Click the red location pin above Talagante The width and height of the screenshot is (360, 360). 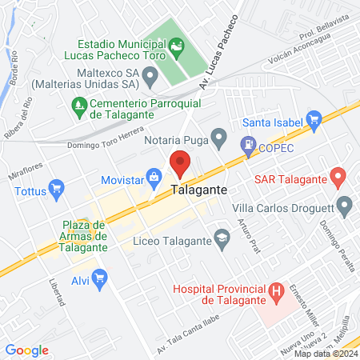[180, 162]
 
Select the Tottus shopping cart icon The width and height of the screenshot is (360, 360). [56, 190]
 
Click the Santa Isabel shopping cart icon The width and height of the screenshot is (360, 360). [314, 122]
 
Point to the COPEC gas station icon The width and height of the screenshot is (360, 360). [248, 145]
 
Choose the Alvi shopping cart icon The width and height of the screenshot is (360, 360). [100, 278]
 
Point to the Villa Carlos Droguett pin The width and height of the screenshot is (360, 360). [345, 206]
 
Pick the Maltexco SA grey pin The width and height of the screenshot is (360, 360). [150, 78]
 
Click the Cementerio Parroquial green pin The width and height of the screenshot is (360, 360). [78, 104]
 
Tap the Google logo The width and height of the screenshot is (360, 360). [27, 350]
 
